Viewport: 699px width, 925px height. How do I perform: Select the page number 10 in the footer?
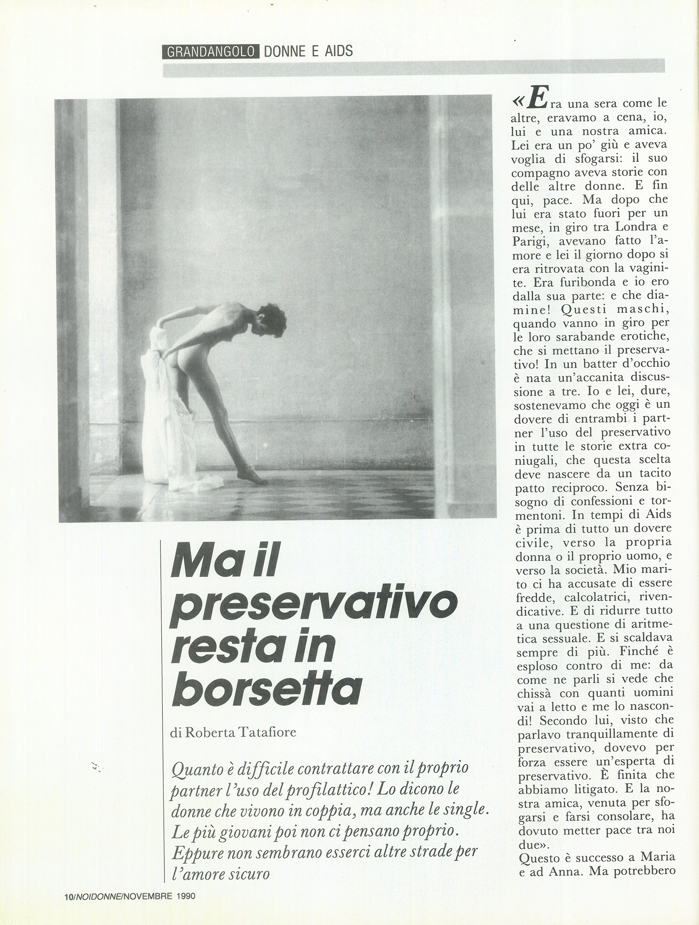click(69, 904)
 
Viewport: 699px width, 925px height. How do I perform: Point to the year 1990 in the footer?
click(186, 904)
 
